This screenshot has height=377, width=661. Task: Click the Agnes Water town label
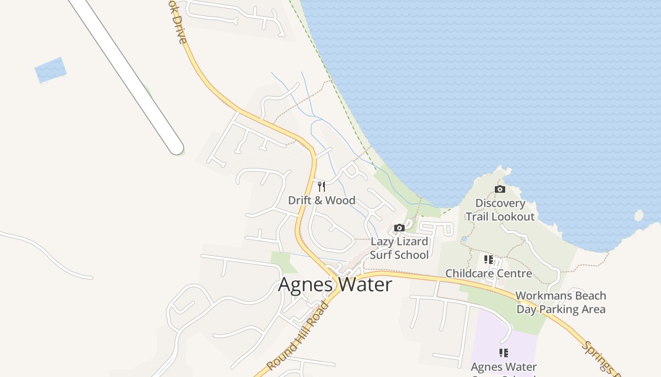tap(335, 285)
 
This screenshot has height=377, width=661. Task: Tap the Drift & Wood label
tap(322, 200)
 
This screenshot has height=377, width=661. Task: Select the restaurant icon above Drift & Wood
tap(322, 186)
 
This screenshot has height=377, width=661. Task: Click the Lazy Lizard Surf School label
tap(399, 248)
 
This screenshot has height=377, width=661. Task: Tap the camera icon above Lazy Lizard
tap(399, 228)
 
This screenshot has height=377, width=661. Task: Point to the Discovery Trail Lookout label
tap(500, 210)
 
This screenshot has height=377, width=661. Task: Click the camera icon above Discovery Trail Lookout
tap(500, 189)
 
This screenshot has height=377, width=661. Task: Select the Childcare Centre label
tap(489, 273)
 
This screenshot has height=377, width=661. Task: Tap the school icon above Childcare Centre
tap(489, 259)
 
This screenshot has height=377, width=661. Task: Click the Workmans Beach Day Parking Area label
tap(561, 303)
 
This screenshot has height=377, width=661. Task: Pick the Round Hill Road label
tap(298, 336)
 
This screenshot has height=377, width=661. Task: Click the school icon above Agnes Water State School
tap(504, 352)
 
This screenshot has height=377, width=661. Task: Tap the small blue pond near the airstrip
tap(50, 70)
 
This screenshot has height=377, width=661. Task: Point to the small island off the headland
tap(639, 215)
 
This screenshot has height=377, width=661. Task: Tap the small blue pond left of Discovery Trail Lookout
tap(464, 239)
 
